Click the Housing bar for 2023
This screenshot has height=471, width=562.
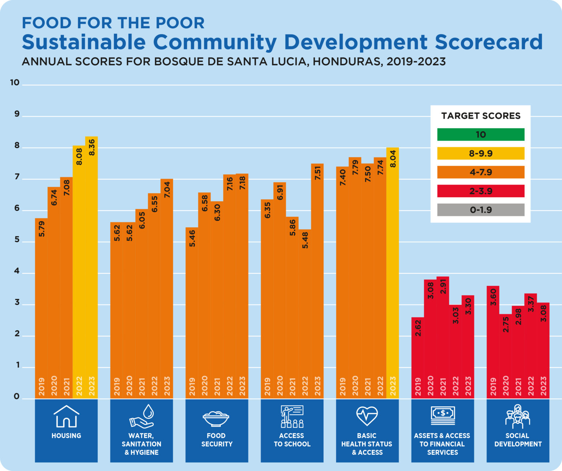91,267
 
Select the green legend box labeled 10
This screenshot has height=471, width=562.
480,134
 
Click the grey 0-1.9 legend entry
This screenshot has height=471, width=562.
480,210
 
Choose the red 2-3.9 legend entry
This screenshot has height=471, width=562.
480,191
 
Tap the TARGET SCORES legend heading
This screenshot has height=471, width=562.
480,116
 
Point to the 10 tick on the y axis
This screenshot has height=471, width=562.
15,82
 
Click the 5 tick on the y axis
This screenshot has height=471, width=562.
16,241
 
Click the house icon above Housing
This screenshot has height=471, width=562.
66,416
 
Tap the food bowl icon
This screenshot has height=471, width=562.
216,418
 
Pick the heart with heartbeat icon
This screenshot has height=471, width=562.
367,416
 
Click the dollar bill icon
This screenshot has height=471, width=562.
443,415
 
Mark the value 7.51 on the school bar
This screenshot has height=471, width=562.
317,173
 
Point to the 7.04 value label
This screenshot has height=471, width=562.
167,189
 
